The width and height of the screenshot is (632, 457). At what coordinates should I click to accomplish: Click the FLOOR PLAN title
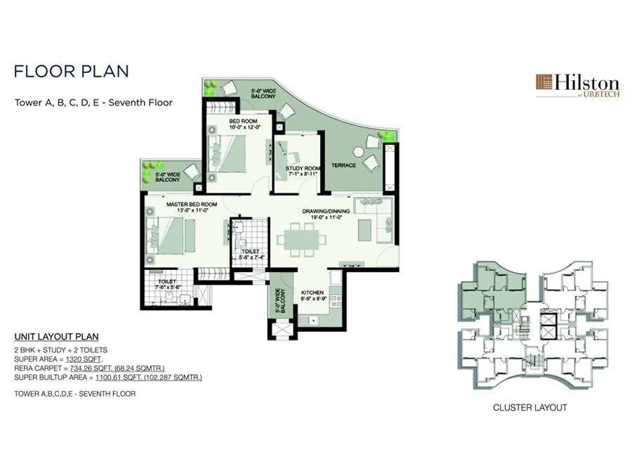point(71,72)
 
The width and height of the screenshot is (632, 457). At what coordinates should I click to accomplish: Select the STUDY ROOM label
point(303,168)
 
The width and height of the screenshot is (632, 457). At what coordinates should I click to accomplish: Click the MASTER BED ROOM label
point(191,204)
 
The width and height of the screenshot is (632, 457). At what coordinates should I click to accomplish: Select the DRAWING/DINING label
point(322,211)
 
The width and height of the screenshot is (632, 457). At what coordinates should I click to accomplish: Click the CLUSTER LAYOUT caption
point(529,407)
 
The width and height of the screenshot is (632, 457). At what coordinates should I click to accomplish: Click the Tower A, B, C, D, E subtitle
point(93,102)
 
